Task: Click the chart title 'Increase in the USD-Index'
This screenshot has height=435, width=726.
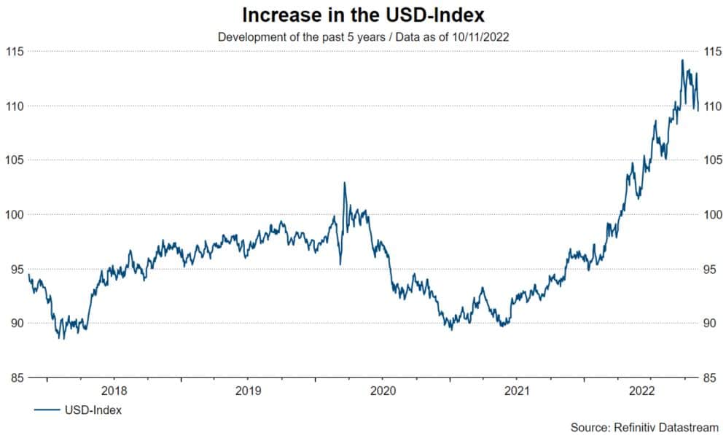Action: coord(362,15)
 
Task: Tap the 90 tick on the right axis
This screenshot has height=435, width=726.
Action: coord(711,324)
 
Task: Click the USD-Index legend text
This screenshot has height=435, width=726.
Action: coord(94,410)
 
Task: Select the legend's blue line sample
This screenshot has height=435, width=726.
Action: coord(47,410)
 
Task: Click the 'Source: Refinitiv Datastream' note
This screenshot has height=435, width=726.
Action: coord(644,426)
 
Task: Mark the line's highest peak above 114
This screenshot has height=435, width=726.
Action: coord(682,60)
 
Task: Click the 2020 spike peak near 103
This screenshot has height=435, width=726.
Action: coord(344,183)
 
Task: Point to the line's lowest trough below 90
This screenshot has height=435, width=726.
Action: coord(63,339)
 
